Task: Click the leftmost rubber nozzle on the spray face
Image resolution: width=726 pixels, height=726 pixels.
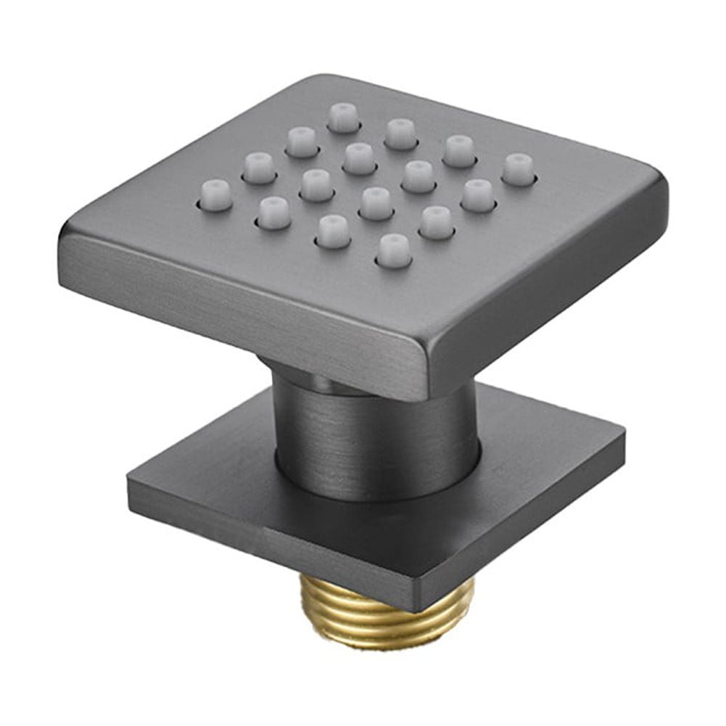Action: click(x=215, y=195)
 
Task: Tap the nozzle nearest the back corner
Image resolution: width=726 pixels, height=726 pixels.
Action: click(x=343, y=116)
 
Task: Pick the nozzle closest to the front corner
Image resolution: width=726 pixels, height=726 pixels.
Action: click(x=394, y=250)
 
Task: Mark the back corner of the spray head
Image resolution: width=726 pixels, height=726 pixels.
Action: click(x=326, y=78)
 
